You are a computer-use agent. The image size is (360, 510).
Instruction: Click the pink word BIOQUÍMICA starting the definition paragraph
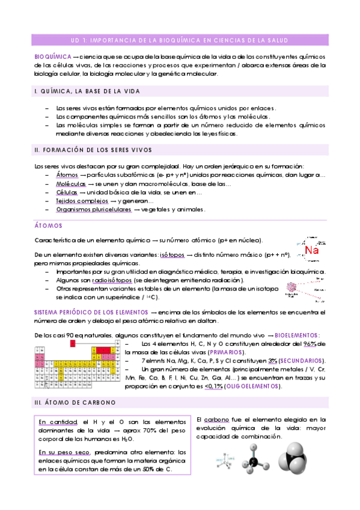pos(52,56)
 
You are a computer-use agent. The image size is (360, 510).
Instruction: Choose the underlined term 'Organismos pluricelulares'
pos(93,210)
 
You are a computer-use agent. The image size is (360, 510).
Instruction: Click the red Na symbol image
pos(311,249)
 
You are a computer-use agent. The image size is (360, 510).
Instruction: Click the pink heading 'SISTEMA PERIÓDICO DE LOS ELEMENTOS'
pos(91,313)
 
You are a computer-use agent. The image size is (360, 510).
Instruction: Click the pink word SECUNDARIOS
pos(303,360)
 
